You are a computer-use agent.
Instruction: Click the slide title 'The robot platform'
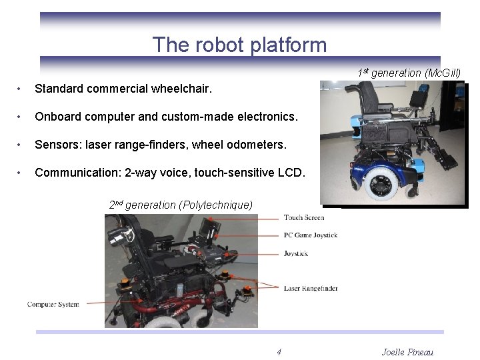click(239, 45)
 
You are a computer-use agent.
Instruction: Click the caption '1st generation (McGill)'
click(409, 73)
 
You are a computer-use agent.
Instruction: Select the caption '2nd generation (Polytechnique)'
click(181, 205)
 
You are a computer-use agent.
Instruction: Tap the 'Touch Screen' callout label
click(304, 217)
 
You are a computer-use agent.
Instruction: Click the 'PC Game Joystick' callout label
click(311, 235)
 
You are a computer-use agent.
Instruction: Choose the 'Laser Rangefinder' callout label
click(311, 288)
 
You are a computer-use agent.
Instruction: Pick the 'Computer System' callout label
click(53, 304)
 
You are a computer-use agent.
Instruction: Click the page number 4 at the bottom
click(279, 352)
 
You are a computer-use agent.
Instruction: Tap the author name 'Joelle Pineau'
click(407, 352)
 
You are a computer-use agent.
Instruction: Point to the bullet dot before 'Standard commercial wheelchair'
click(21, 89)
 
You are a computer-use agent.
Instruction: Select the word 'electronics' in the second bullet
click(263, 117)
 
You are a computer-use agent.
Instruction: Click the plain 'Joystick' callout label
click(297, 253)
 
